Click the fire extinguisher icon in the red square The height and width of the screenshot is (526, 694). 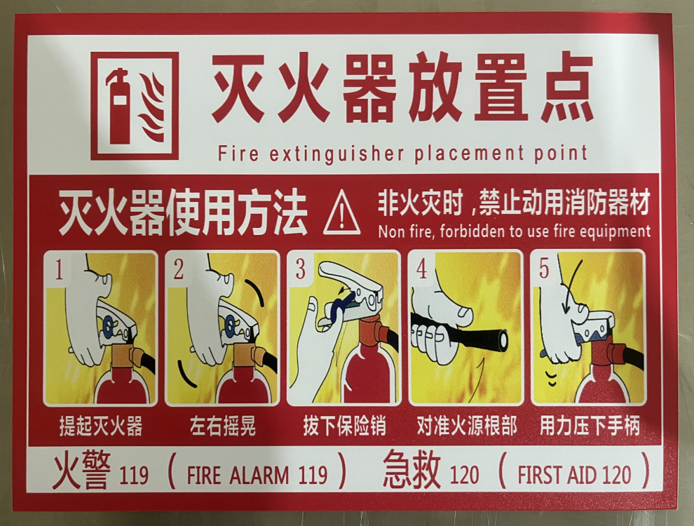[118, 106]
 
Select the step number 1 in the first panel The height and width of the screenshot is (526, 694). [59, 270]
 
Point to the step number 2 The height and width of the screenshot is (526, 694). [178, 269]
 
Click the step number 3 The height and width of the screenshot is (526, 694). [301, 269]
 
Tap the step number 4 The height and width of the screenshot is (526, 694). [421, 269]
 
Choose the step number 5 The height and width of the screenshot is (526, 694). [543, 269]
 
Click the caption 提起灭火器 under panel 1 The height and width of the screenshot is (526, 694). [101, 426]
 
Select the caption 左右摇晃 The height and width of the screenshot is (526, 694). [223, 426]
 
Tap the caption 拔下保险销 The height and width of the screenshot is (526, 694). [344, 426]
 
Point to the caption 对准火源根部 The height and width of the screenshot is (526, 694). [467, 425]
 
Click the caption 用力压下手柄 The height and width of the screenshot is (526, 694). [590, 425]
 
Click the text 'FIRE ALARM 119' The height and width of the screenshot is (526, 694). [257, 475]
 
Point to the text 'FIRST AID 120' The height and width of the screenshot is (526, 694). [574, 474]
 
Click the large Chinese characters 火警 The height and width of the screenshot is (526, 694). [81, 471]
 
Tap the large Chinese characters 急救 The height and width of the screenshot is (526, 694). [412, 469]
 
